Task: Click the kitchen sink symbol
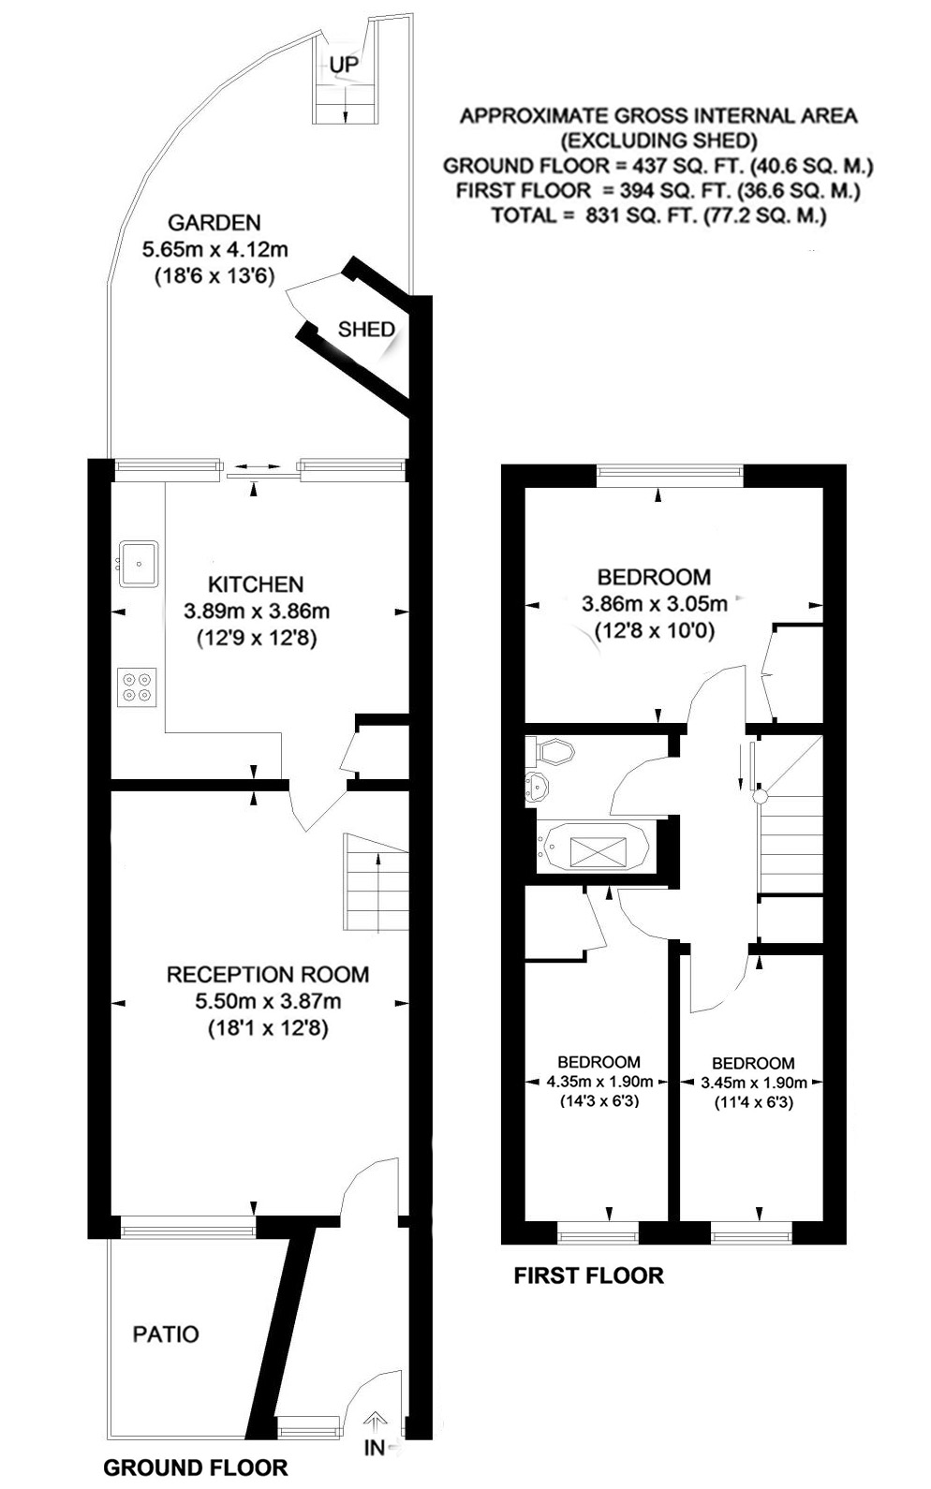tap(139, 563)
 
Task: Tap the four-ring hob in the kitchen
tap(137, 686)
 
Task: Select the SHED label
tap(366, 329)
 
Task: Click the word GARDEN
tap(214, 223)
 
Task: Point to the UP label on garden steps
tap(344, 65)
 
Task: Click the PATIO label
tap(166, 1333)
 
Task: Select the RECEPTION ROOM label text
tap(267, 974)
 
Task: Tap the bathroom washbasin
tap(538, 789)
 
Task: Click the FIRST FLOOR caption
tap(588, 1275)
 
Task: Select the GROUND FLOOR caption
tap(195, 1467)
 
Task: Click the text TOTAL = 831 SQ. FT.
tap(658, 215)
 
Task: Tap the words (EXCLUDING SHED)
tap(658, 141)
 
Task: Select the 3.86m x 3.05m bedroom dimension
tap(654, 604)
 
